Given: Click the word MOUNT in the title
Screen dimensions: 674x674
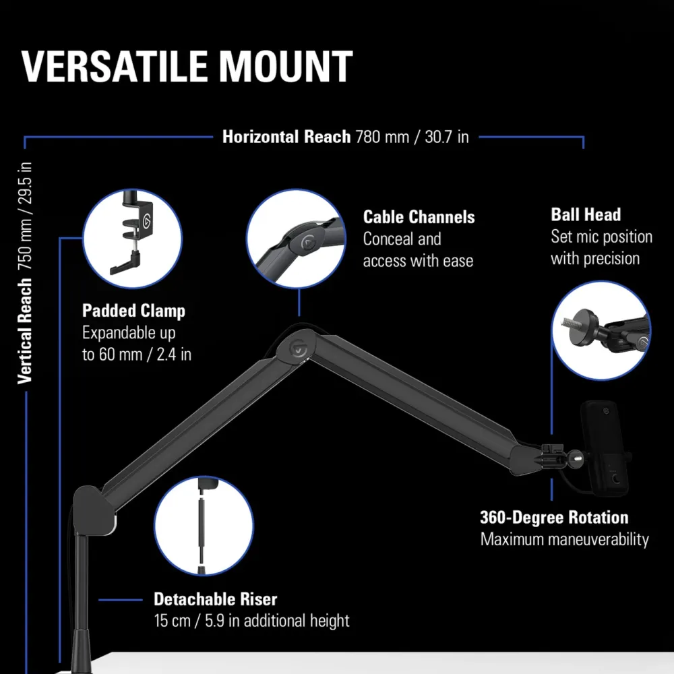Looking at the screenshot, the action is [286, 66].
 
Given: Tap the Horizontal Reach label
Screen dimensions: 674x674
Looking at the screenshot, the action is [286, 137].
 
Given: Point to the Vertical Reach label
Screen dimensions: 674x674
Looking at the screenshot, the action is [25, 330].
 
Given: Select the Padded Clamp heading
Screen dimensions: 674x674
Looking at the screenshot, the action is [133, 311].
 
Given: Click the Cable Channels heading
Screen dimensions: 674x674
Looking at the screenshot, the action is [419, 217].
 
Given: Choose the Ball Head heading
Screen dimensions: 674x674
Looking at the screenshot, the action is [586, 214].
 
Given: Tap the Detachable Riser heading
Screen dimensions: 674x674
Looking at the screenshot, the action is [216, 599].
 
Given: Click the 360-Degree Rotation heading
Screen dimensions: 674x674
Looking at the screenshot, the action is [554, 517].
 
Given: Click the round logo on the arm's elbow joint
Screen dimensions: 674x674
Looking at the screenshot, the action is [298, 348].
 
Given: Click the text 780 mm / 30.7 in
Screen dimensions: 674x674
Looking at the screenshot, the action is [412, 137].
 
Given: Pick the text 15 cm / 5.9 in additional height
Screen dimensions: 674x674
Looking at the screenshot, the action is [251, 621].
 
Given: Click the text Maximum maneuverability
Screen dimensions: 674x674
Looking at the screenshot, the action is [564, 539].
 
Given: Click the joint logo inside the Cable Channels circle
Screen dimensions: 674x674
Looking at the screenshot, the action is [309, 243].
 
